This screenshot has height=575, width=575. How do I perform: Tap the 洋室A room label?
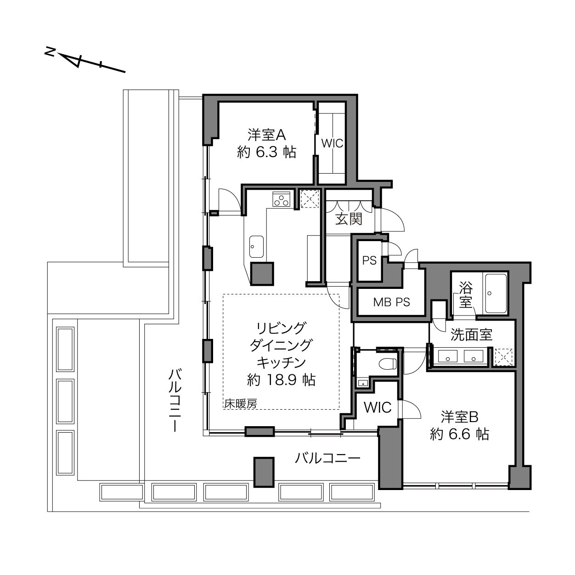266,135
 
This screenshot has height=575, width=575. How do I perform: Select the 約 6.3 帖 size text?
266,152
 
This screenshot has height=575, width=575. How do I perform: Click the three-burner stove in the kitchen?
281,199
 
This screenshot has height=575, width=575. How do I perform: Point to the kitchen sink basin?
256,247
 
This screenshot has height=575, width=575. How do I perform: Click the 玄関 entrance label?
349,220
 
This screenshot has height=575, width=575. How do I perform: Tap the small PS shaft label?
369,261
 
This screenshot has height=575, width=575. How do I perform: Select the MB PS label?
391,302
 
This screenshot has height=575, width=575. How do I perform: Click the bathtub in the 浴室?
496,294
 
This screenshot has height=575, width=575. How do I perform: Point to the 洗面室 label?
471,335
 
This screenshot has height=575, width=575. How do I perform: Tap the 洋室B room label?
460,417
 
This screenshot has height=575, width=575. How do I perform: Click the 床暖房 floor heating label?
241,404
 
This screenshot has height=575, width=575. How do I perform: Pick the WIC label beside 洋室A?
332,144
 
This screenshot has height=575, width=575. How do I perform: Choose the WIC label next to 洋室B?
378,407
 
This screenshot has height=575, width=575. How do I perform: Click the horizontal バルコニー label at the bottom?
327,458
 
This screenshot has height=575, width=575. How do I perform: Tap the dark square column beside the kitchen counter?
262,274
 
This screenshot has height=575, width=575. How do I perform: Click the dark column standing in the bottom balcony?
264,472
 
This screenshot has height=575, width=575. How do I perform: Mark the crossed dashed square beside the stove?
310,199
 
